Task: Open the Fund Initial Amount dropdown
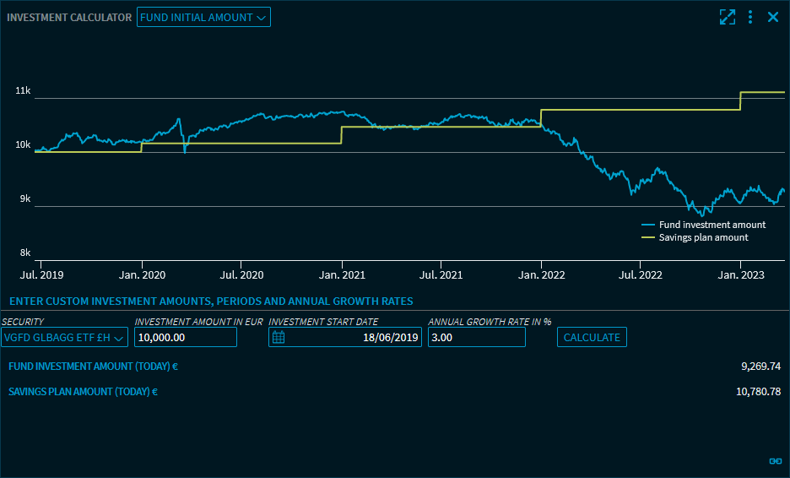(x=203, y=17)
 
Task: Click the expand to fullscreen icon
(x=728, y=17)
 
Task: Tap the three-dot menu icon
(x=750, y=17)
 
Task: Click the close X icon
(x=773, y=17)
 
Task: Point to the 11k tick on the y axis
(x=23, y=90)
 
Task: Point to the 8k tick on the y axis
(x=24, y=253)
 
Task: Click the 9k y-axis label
(x=24, y=198)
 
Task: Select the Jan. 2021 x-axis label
(x=342, y=275)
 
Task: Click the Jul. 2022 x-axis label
(x=641, y=275)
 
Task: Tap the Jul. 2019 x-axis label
(x=41, y=275)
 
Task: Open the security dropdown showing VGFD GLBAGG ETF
(x=65, y=338)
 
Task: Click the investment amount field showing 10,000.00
(x=186, y=338)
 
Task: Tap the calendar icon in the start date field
(x=279, y=338)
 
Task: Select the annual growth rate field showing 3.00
(x=477, y=338)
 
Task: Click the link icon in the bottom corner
(x=776, y=461)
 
